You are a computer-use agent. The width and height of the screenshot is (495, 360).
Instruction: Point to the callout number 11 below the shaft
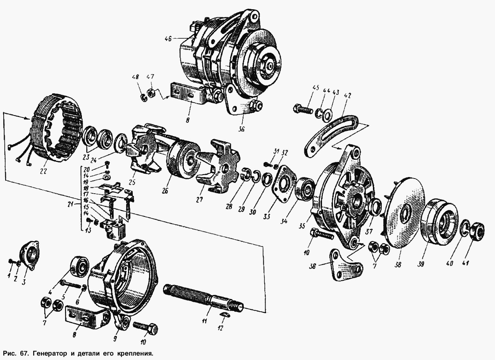click(x=205, y=321)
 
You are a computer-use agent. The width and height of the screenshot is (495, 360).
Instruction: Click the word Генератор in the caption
click(x=50, y=353)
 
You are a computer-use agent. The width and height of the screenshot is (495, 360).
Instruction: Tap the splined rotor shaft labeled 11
click(x=204, y=298)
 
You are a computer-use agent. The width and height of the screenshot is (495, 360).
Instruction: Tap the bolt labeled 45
click(x=303, y=109)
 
